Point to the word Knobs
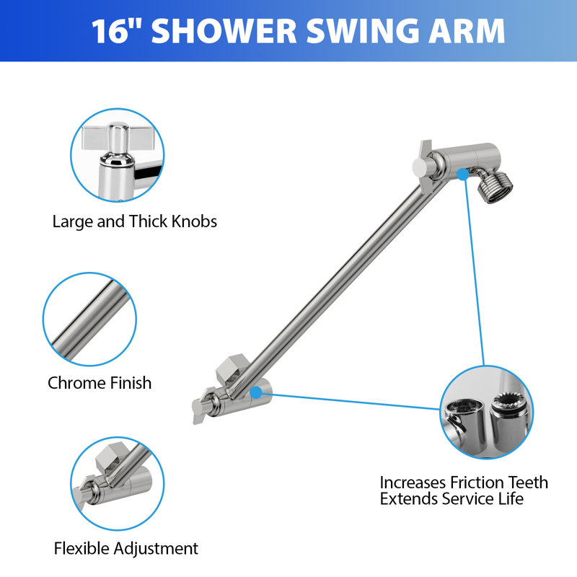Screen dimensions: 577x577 pyautogui.click(x=194, y=221)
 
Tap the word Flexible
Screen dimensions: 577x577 pyautogui.click(x=82, y=548)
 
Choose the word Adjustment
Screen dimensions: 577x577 pyautogui.click(x=156, y=549)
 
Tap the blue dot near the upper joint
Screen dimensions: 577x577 pyautogui.click(x=463, y=175)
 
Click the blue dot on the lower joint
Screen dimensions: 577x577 pyautogui.click(x=256, y=392)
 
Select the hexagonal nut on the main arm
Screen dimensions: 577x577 pyautogui.click(x=231, y=368)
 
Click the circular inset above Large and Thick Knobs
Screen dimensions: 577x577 pyautogui.click(x=118, y=155)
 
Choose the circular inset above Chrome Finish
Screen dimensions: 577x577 pyautogui.click(x=89, y=320)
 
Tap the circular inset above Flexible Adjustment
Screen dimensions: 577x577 pyautogui.click(x=118, y=483)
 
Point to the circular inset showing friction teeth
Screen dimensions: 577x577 pyautogui.click(x=487, y=412)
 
